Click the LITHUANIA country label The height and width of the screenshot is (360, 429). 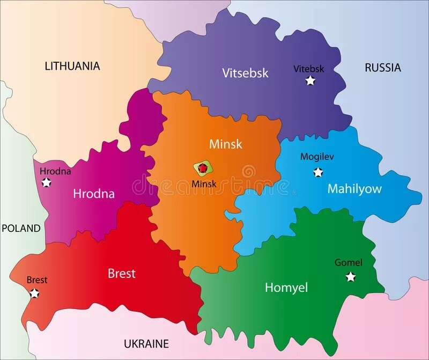(72, 66)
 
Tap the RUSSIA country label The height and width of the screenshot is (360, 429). (382, 68)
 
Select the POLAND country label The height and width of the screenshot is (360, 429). (21, 228)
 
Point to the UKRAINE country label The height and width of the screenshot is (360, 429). (146, 344)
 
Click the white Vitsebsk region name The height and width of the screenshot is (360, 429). (245, 73)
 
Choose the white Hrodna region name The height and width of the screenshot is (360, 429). (94, 194)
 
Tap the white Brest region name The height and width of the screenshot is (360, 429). (122, 274)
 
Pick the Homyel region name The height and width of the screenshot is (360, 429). (286, 288)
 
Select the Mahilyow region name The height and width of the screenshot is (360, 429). (354, 189)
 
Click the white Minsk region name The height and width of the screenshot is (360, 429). (226, 144)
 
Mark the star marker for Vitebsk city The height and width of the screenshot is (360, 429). (310, 81)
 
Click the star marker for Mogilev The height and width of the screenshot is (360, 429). (318, 172)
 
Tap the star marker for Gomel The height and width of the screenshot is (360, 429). (351, 277)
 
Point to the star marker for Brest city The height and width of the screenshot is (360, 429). (35, 293)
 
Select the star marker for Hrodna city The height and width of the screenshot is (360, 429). (47, 183)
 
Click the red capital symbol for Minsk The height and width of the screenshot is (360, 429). (203, 168)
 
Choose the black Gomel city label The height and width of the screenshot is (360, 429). (349, 263)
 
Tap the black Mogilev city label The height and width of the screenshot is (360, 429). (317, 157)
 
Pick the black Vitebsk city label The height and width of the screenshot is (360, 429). (309, 69)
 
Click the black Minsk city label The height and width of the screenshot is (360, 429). (204, 184)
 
